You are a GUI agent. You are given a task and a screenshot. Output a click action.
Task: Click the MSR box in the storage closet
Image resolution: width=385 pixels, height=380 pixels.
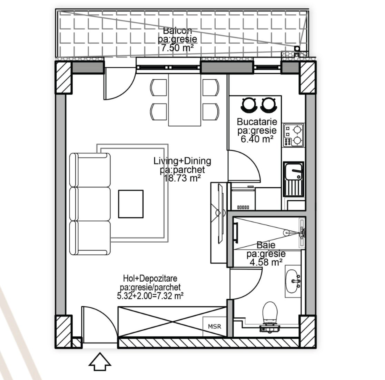tap(214, 327)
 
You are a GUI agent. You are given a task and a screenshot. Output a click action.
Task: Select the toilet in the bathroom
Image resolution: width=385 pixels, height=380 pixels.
tap(270, 317)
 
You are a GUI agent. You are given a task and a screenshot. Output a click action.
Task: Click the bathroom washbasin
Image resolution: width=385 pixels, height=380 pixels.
tap(293, 281)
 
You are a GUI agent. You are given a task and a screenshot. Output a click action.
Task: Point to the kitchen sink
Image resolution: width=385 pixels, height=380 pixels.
tap(294, 179)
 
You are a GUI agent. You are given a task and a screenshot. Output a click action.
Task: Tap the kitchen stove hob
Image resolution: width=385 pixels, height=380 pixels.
tap(294, 135)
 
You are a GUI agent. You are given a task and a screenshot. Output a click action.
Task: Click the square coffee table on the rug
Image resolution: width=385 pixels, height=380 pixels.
tap(131, 204)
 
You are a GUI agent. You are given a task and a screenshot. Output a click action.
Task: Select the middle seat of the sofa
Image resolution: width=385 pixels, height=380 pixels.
tap(90, 204)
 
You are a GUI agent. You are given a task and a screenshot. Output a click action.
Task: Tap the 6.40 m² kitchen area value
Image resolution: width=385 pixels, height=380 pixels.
tap(257, 139)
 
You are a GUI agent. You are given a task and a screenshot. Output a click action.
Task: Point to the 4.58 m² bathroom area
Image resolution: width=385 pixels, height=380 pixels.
tap(266, 262)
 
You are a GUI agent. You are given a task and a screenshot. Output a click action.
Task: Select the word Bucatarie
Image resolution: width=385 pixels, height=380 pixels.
tap(257, 121)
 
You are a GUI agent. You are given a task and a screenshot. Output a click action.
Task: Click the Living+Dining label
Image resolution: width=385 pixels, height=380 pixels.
tap(182, 161)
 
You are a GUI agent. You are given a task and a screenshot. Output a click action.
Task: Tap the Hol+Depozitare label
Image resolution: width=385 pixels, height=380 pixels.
tap(150, 278)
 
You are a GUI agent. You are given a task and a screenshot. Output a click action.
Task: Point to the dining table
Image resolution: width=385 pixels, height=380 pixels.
tap(185, 100)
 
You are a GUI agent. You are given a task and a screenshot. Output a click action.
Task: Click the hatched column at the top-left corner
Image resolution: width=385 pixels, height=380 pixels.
tap(63, 78)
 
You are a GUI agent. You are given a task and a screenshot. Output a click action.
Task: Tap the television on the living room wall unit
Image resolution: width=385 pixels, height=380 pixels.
tap(221, 214)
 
